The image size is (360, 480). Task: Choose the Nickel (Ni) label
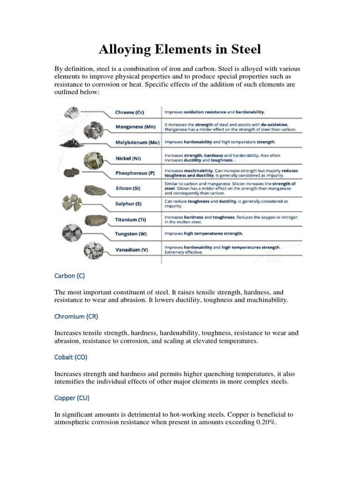[x=127, y=158]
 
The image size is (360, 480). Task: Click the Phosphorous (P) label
[x=135, y=173]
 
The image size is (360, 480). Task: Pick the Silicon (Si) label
[x=127, y=188]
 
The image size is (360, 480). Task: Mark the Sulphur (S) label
[x=128, y=204]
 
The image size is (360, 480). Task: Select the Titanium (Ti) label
[x=129, y=219]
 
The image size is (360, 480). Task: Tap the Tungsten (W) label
[x=131, y=234]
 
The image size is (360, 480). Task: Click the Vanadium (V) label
[x=132, y=250]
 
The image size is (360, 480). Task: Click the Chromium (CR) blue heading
[x=76, y=316]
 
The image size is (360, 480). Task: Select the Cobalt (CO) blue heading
[x=71, y=357]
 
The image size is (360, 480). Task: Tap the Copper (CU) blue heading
[x=72, y=398]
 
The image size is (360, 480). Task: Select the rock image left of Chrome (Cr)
[x=72, y=112]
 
